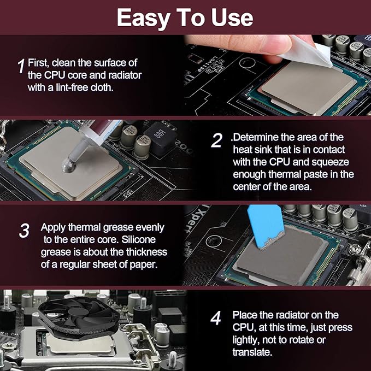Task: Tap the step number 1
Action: click(x=21, y=66)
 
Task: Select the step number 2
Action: click(x=216, y=140)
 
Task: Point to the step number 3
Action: click(x=24, y=231)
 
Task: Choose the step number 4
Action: click(x=215, y=318)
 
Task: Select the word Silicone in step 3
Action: click(x=138, y=239)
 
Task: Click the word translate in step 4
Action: click(x=252, y=352)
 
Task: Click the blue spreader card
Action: click(x=266, y=226)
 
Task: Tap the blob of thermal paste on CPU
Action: click(x=69, y=164)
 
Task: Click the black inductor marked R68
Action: click(x=161, y=139)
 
